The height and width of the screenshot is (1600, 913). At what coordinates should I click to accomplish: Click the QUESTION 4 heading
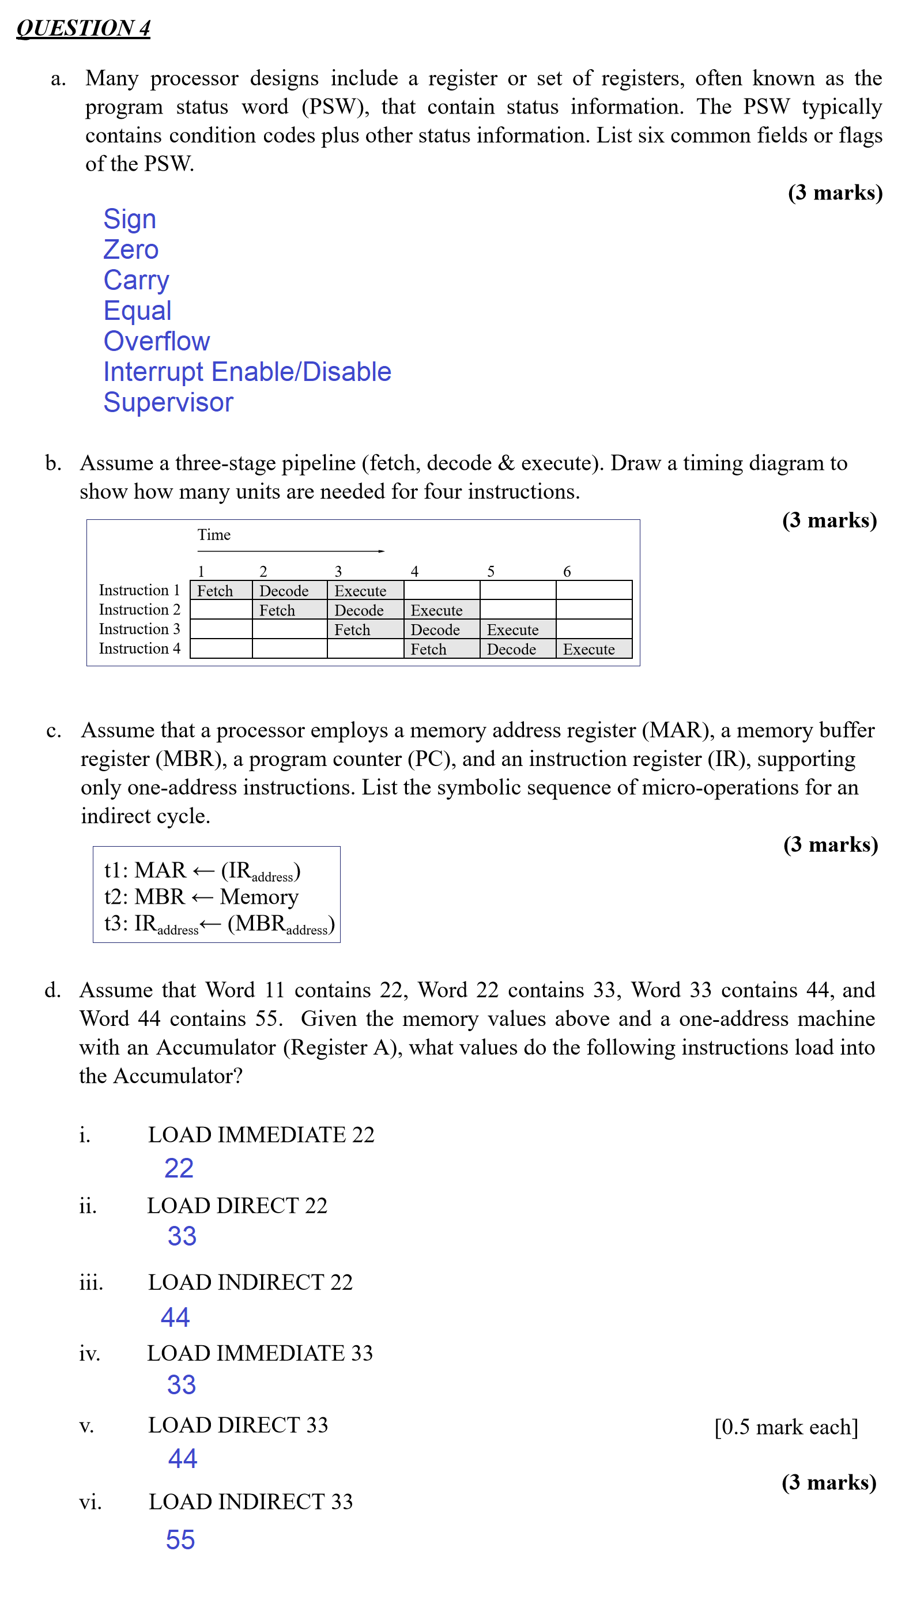coord(83,28)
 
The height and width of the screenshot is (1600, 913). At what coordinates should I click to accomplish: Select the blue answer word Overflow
coord(156,341)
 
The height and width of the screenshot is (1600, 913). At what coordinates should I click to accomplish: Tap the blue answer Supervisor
coord(168,402)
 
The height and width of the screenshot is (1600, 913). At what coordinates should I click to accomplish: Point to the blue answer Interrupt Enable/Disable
coord(247,372)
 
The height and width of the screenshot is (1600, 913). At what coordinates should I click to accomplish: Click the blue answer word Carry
coord(136,280)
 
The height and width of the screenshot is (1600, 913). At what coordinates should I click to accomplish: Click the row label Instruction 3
coord(139,628)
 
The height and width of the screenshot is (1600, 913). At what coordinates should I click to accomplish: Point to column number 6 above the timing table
coord(567,571)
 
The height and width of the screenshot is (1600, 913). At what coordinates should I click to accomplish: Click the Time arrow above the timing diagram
coord(290,551)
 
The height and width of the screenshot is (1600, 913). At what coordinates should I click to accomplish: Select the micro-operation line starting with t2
coord(201,897)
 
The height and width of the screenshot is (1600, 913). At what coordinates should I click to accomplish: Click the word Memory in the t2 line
coord(259,897)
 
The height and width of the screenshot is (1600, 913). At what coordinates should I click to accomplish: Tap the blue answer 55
coord(180,1540)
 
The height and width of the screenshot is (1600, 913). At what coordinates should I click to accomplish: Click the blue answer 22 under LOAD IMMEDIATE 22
coord(179,1168)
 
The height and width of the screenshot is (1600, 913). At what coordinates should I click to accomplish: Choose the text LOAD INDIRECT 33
coord(250,1501)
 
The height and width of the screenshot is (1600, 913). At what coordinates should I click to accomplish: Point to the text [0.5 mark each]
coord(786,1427)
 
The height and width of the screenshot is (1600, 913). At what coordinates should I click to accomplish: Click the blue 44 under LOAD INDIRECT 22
coord(175,1317)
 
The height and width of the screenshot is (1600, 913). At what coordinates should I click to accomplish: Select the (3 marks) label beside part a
coord(835,193)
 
